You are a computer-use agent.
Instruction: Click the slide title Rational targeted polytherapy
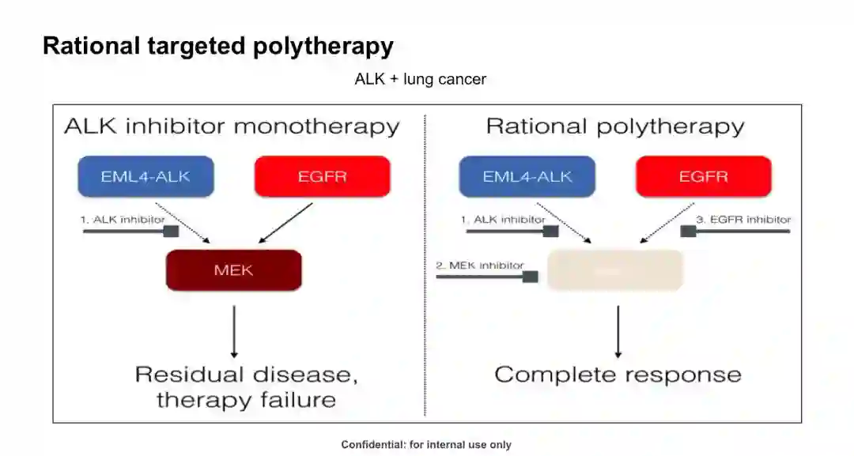pyautogui.click(x=217, y=46)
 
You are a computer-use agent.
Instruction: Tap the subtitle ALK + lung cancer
pyautogui.click(x=420, y=79)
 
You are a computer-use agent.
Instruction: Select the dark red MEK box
pyautogui.click(x=233, y=270)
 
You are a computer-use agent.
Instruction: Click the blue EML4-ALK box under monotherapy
pyautogui.click(x=145, y=176)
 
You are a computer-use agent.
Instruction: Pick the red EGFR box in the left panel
pyautogui.click(x=322, y=176)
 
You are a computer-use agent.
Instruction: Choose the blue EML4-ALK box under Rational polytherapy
pyautogui.click(x=527, y=176)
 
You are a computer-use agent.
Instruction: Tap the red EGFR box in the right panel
pyautogui.click(x=703, y=176)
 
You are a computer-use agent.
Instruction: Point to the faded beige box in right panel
pyautogui.click(x=614, y=270)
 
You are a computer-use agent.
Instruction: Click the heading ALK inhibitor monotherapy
pyautogui.click(x=232, y=126)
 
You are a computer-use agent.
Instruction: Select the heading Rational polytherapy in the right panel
pyautogui.click(x=614, y=126)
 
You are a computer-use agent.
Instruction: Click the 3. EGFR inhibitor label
pyautogui.click(x=743, y=220)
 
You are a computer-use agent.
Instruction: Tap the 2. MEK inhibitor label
pyautogui.click(x=480, y=266)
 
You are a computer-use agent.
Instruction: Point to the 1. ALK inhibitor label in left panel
pyautogui.click(x=123, y=220)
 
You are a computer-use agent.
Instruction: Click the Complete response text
pyautogui.click(x=618, y=374)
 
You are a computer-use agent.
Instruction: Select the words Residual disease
pyautogui.click(x=246, y=374)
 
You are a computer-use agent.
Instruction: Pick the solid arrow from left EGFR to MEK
pyautogui.click(x=286, y=222)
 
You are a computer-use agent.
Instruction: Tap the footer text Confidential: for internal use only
pyautogui.click(x=426, y=445)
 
